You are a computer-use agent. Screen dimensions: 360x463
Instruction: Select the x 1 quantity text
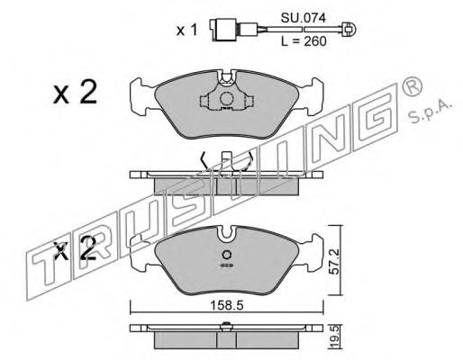pyautogui.click(x=186, y=31)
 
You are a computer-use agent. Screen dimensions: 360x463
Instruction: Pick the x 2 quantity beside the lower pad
pyautogui.click(x=74, y=249)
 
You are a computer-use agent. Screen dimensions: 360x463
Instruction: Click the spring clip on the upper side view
pyautogui.click(x=228, y=163)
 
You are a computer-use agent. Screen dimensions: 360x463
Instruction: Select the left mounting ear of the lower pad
pyautogui.click(x=142, y=244)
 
